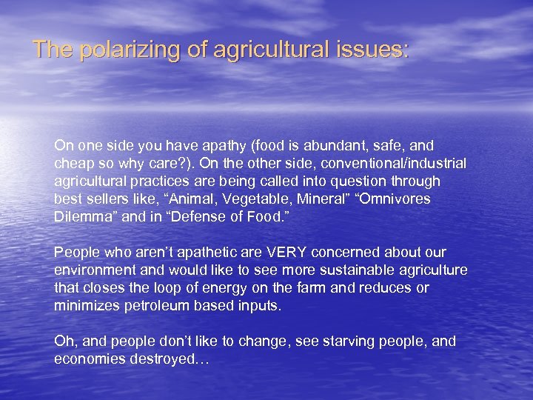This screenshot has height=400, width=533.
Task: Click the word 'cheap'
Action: pos(73,164)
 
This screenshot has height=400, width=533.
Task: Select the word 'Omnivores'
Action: pos(397,199)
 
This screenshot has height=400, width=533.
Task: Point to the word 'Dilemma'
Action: pos(81,217)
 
